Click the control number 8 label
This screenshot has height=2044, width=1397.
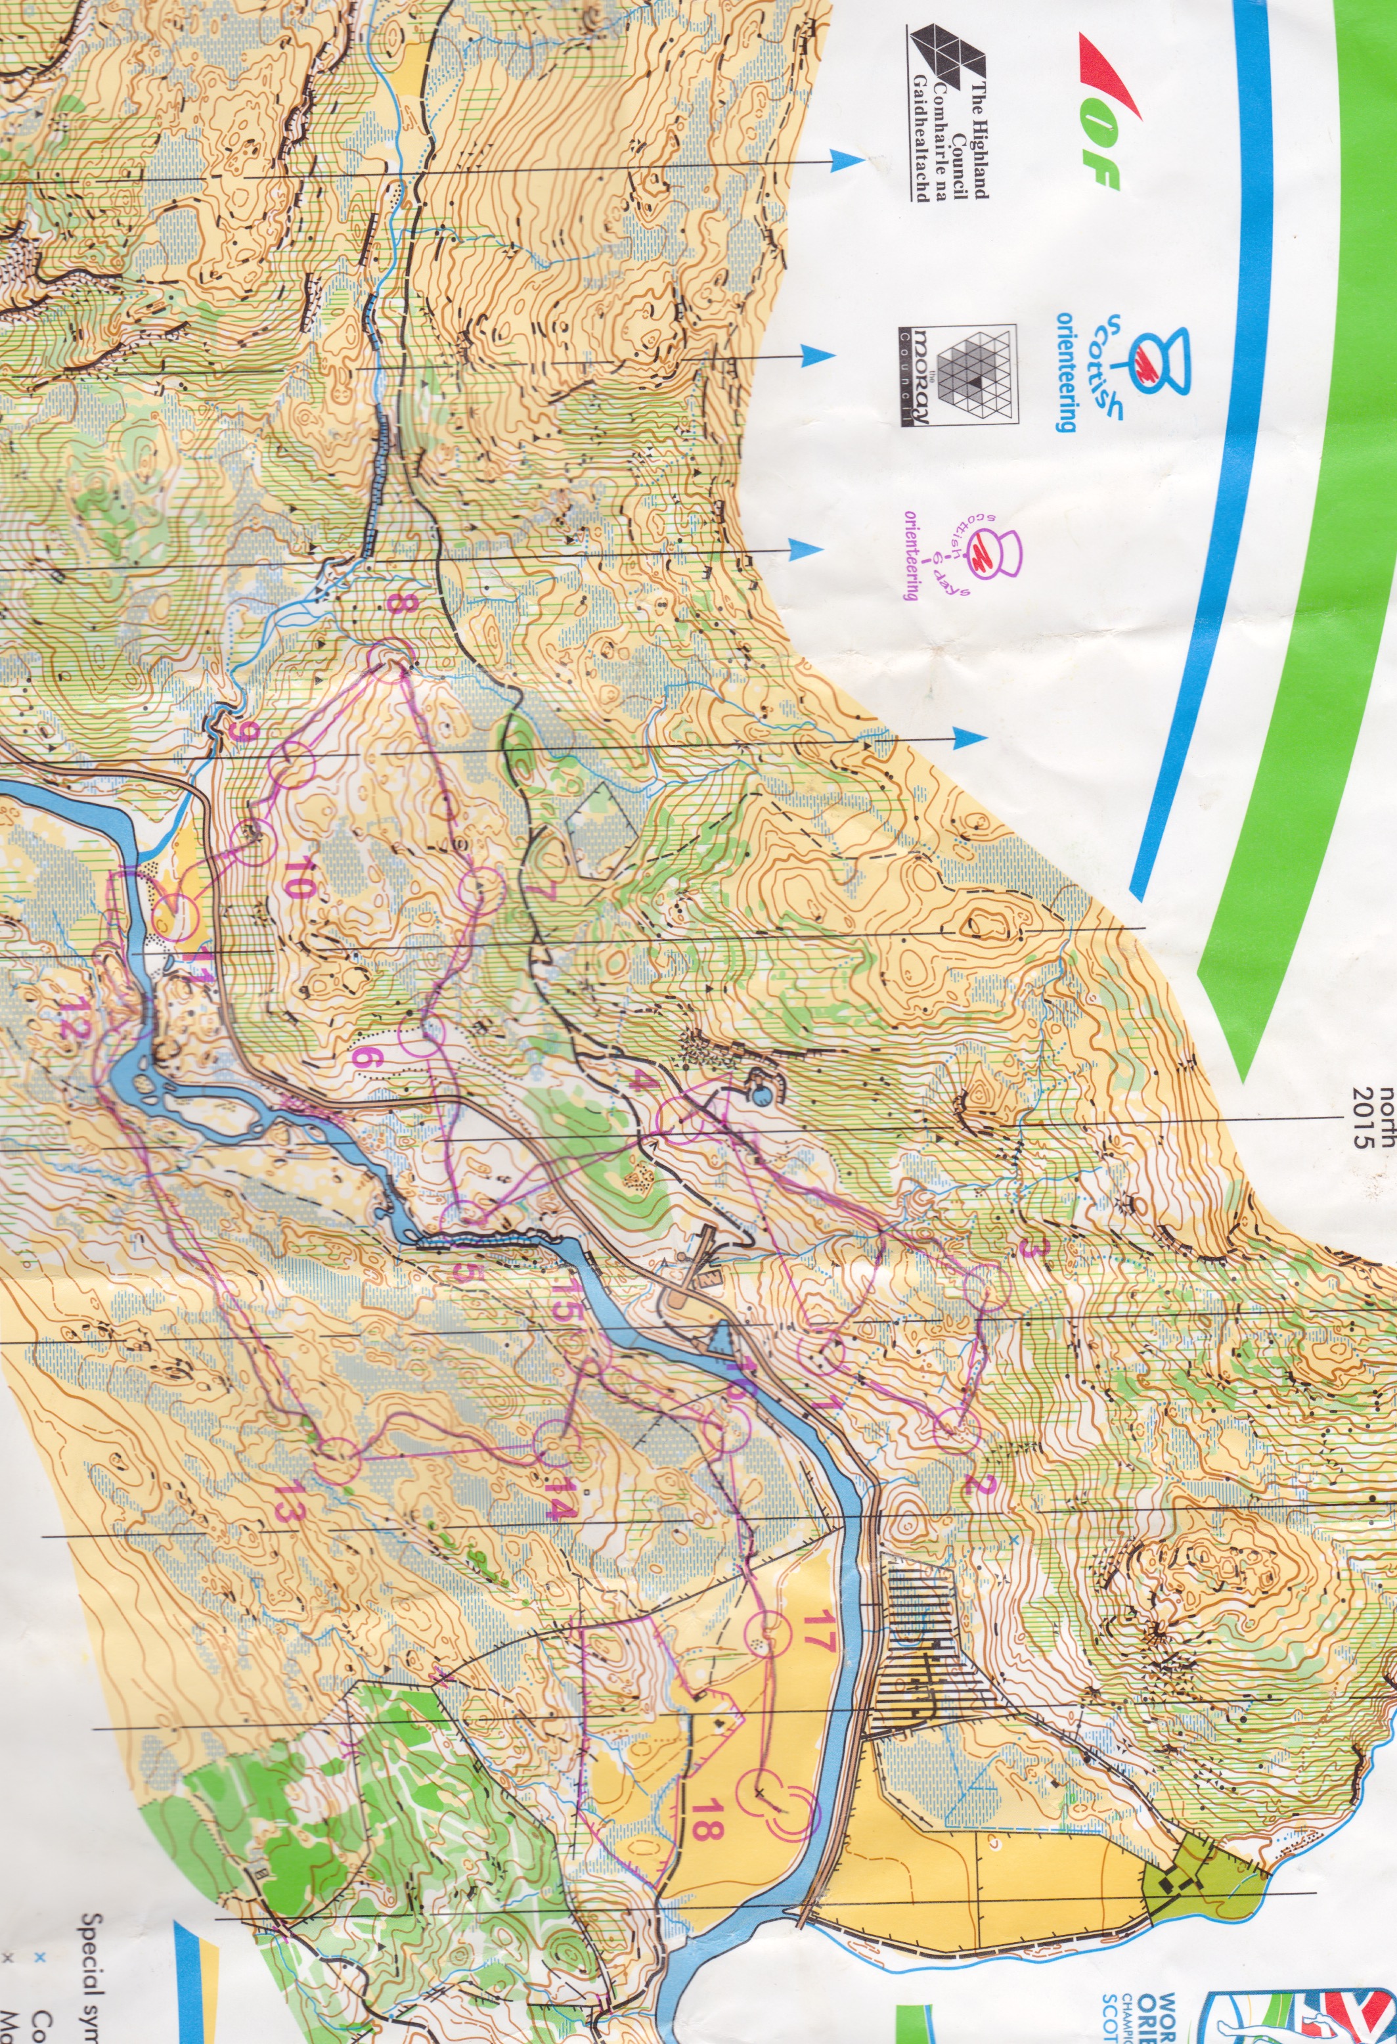point(400,605)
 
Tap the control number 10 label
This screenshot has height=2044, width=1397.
point(297,880)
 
